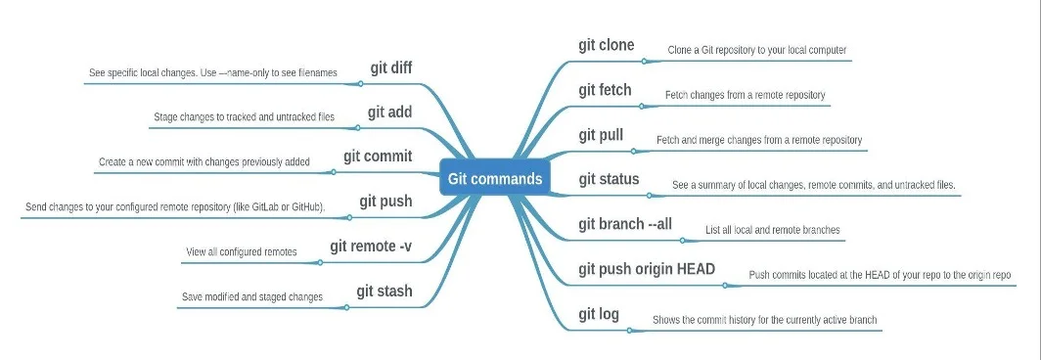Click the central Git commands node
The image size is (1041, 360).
pos(494,179)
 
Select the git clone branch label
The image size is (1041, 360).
pos(606,45)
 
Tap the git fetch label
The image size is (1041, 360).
pos(605,90)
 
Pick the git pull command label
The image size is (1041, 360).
pos(601,135)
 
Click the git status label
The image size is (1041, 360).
pos(609,179)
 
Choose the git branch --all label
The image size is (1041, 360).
pos(624,224)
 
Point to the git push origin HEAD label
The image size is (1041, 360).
pos(647,269)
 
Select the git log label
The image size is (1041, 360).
pos(599,314)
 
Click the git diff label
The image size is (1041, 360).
pos(390,67)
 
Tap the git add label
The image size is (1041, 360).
pos(389,112)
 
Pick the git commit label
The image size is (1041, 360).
pos(378,157)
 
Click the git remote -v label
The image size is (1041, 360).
pos(371,247)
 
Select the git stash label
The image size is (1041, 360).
pos(384,292)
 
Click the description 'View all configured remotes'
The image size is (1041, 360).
pos(241,252)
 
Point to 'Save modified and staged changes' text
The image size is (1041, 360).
pos(252,296)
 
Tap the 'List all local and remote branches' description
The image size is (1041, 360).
pos(773,231)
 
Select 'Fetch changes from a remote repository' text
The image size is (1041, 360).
pos(746,96)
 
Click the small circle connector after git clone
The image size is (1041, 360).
pos(644,61)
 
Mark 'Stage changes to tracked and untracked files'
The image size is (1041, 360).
pos(244,117)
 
